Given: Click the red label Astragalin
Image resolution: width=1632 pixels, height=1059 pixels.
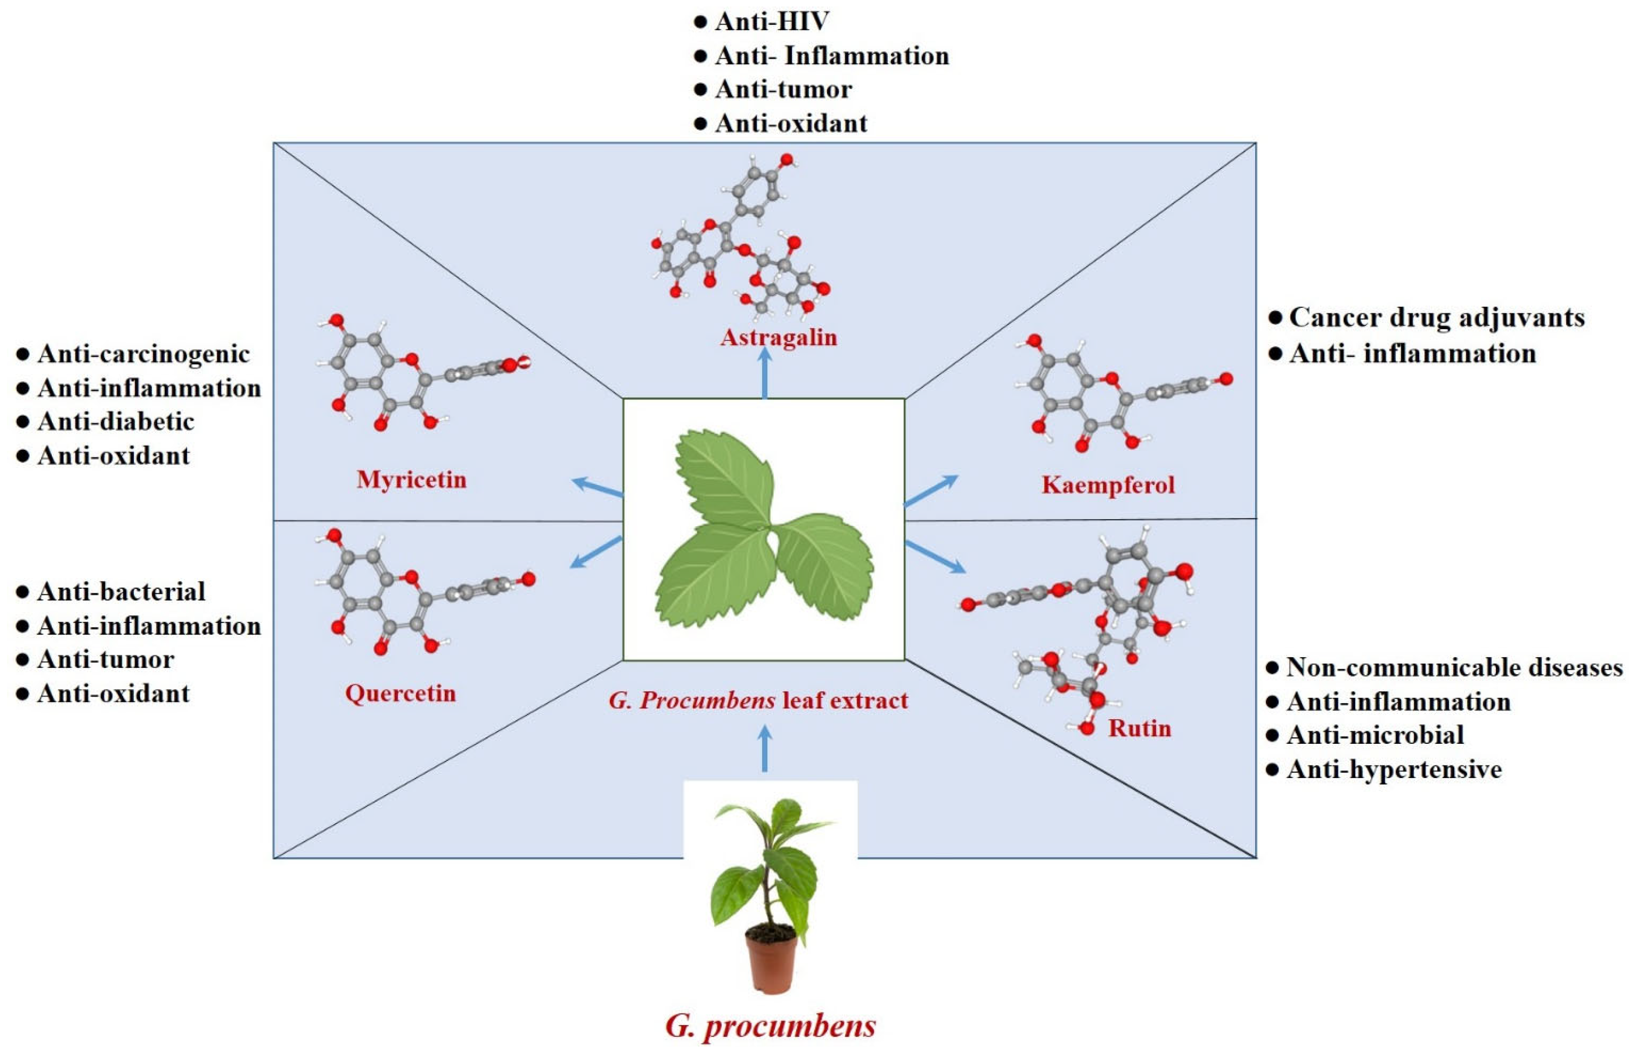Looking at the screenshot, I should (x=779, y=337).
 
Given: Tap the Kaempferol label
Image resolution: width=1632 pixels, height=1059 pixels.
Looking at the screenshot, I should (x=1108, y=485).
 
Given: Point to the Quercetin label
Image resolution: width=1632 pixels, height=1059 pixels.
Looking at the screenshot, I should (x=400, y=693).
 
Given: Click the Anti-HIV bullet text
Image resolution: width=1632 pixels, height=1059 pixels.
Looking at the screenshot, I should (x=772, y=21).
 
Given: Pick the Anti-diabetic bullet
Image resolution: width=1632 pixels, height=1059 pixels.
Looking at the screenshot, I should (x=115, y=421).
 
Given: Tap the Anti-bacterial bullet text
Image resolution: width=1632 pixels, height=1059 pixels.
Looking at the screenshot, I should (x=121, y=591).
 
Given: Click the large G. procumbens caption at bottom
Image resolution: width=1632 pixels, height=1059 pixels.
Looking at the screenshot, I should (x=770, y=1026).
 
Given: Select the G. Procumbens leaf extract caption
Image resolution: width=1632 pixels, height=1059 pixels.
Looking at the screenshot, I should (x=758, y=700).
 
